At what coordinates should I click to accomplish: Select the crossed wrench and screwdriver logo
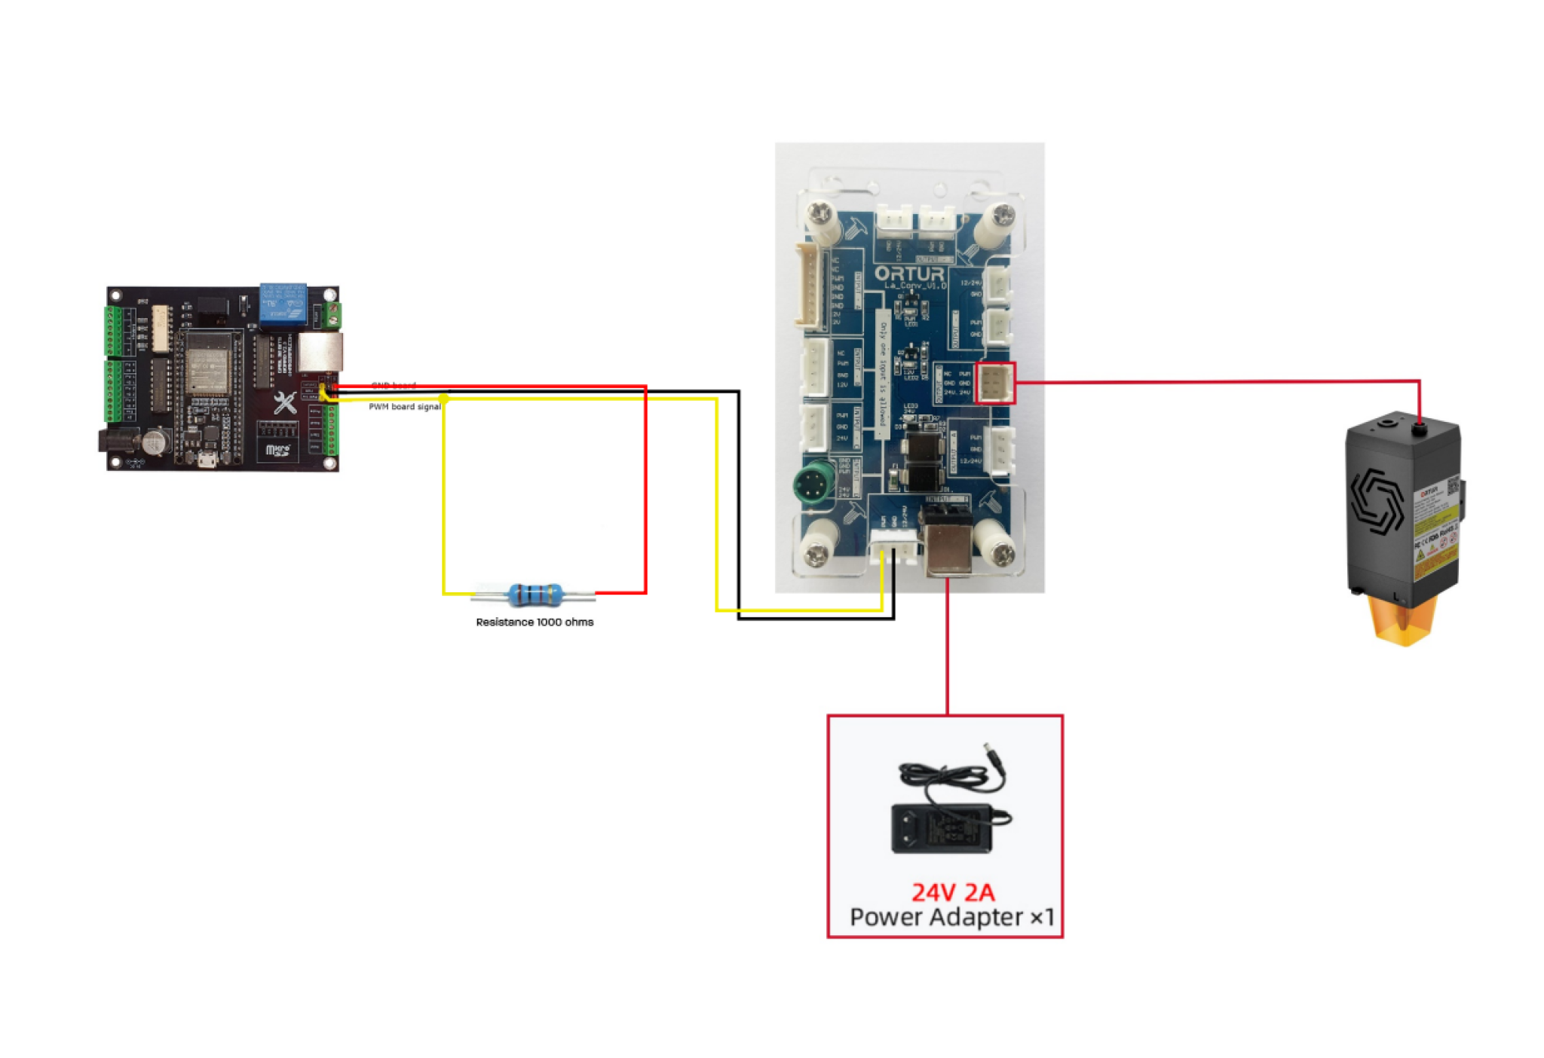point(284,403)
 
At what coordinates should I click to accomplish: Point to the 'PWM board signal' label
point(404,407)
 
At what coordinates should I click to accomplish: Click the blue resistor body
point(535,595)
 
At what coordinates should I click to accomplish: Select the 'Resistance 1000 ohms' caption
point(535,622)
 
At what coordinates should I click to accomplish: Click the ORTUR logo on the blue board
point(909,274)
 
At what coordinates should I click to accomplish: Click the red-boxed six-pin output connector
point(994,383)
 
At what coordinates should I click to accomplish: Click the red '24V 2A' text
point(952,893)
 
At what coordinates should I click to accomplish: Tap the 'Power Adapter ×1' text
point(951,918)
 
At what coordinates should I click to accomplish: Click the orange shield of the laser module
point(1403,620)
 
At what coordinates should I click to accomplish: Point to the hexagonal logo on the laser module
point(1376,501)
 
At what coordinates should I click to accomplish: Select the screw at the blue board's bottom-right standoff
point(1001,556)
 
